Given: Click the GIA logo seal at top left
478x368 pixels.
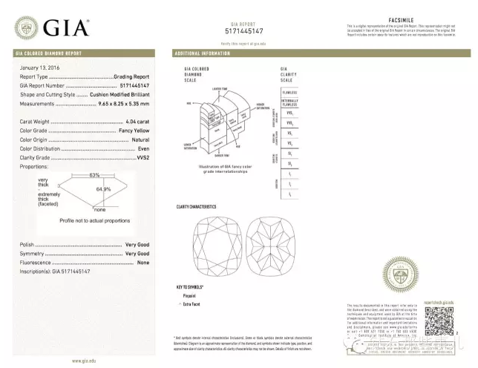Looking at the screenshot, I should point(27,29).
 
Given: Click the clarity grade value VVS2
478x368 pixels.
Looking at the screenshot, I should point(141,157).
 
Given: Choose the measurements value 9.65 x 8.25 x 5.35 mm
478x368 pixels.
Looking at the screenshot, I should point(119,103).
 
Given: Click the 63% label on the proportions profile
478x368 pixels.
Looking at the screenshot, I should point(94,175).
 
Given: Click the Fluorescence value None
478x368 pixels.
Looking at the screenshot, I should point(143,263).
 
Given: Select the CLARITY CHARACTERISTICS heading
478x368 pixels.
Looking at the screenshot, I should point(196,206).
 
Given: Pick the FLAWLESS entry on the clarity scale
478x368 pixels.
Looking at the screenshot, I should point(290,91).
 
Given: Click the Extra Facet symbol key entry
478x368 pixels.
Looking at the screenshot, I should point(195,304).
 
